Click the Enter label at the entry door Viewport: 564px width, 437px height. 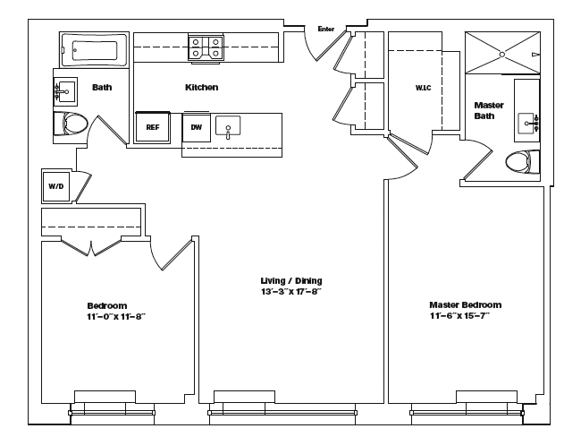point(326,30)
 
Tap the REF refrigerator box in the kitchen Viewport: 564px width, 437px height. point(153,127)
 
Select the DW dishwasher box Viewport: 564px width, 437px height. point(195,127)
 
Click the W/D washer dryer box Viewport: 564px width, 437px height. point(55,186)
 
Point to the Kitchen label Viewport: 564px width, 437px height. point(201,87)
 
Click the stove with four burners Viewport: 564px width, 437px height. point(205,47)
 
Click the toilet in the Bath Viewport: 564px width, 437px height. point(70,124)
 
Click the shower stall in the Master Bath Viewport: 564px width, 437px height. point(503,53)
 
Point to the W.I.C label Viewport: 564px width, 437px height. point(424,88)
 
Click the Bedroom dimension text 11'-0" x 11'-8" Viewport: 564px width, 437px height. point(116,316)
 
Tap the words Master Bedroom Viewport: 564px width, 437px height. point(465,304)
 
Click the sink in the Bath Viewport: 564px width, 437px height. point(64,91)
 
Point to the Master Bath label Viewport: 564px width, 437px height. point(489,110)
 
